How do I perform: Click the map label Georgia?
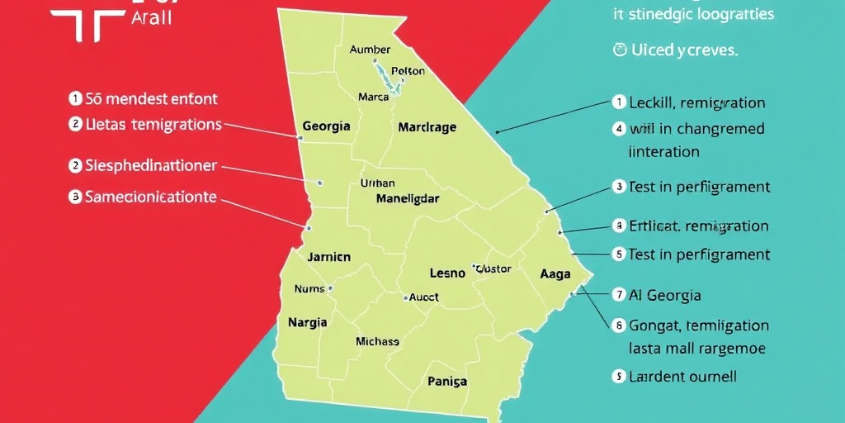[x=326, y=126]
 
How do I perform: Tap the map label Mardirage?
[x=427, y=127]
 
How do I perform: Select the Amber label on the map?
[x=370, y=50]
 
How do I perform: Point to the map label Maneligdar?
[x=408, y=198]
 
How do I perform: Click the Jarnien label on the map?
[x=328, y=257]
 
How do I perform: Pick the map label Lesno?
[x=448, y=273]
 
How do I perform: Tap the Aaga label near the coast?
[x=555, y=273]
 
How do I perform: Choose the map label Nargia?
[x=308, y=322]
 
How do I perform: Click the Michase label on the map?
[x=377, y=341]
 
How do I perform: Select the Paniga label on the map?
[x=447, y=381]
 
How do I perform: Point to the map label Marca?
[x=373, y=97]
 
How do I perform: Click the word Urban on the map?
[x=378, y=183]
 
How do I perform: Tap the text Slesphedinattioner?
[x=151, y=165]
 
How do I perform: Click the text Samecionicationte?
[x=151, y=197]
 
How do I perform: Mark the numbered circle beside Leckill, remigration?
[x=619, y=102]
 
